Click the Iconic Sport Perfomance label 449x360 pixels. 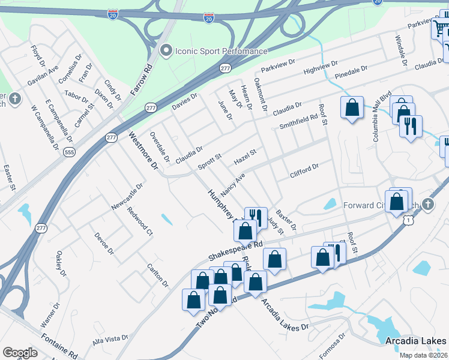click(221, 51)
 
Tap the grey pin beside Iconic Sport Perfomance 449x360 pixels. click(166, 51)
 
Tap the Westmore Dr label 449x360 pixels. click(142, 150)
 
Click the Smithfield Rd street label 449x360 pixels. click(298, 122)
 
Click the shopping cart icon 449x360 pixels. click(441, 28)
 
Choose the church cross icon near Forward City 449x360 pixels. click(427, 205)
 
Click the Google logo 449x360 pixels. click(20, 353)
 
